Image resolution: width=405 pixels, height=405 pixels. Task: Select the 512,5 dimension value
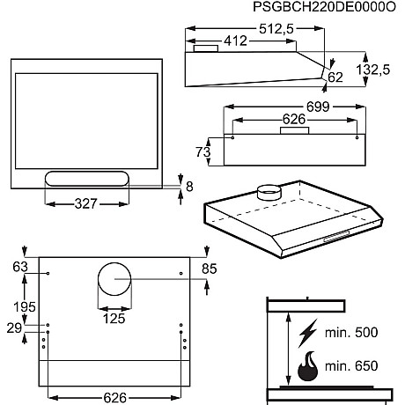point(277,29)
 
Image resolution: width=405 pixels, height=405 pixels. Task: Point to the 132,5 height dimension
point(374,70)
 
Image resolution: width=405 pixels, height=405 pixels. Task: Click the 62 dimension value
point(335,77)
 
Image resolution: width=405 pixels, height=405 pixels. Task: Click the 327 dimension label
point(86,204)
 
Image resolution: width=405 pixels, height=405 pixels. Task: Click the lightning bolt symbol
point(309,333)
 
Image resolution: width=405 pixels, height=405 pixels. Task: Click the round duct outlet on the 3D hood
point(266,191)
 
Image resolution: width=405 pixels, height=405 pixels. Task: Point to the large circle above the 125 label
point(113,282)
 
